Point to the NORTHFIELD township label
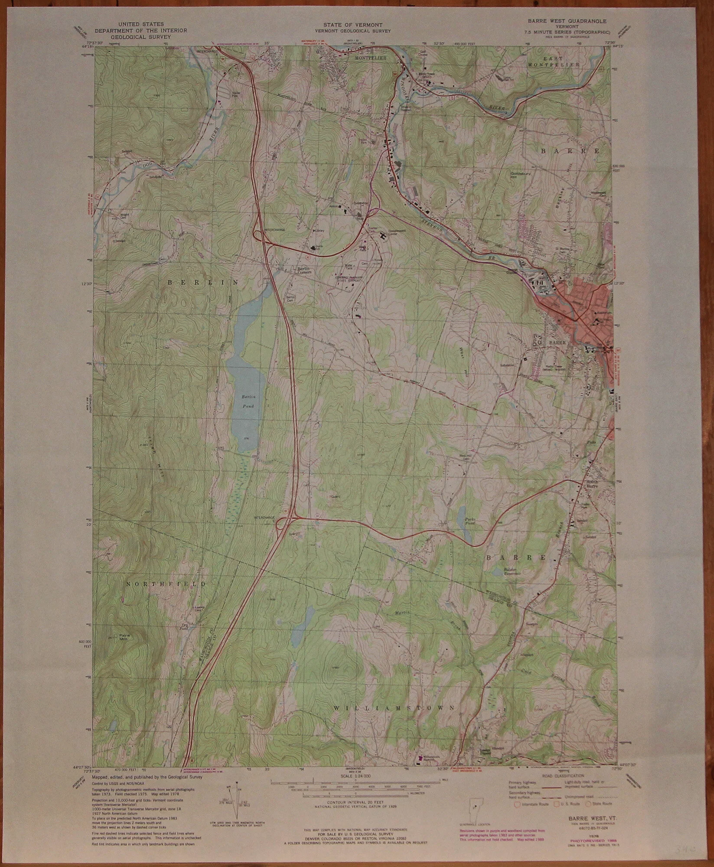pos(166,584)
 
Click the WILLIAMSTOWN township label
pos(395,708)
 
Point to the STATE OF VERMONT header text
pos(352,26)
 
